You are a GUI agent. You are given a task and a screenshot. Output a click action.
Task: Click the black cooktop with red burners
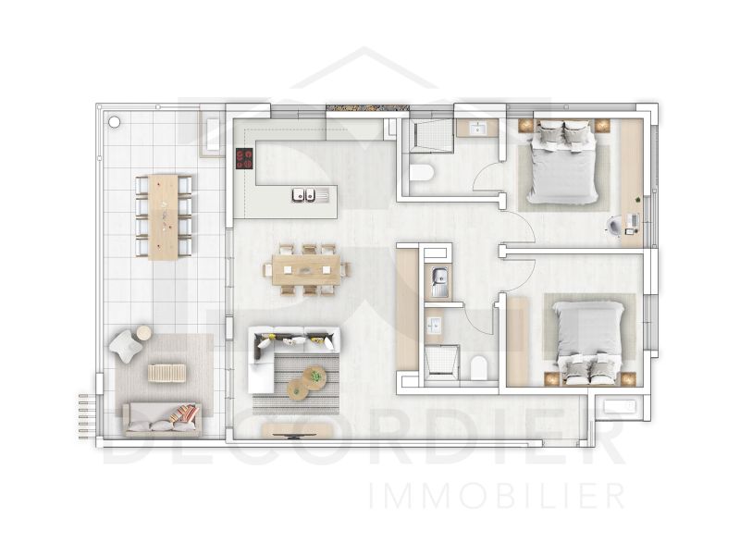(x=245, y=159)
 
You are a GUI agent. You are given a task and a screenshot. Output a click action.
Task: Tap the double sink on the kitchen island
(x=305, y=195)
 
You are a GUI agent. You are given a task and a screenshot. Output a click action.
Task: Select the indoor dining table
(x=306, y=268)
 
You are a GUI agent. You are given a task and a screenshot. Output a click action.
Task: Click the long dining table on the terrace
(x=164, y=215)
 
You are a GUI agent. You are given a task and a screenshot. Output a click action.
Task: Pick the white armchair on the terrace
(x=125, y=345)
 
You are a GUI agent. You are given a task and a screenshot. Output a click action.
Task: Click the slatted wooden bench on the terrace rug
(x=167, y=373)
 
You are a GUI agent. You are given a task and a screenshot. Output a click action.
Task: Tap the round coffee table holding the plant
(x=314, y=376)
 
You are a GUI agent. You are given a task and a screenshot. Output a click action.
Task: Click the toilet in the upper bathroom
(x=422, y=173)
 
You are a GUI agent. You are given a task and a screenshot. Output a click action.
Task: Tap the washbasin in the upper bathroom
(x=479, y=128)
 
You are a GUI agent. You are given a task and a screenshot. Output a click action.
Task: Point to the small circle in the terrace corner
(x=114, y=120)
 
